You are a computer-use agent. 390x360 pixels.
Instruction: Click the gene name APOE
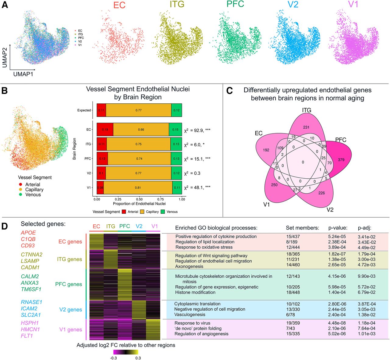[x=28, y=233]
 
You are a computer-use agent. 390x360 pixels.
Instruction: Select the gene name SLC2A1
[x=31, y=315]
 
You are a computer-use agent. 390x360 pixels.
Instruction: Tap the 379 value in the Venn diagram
[x=341, y=160]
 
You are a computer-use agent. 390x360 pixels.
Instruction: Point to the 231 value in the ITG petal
[x=306, y=127]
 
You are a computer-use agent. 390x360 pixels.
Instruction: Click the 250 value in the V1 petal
[x=274, y=185]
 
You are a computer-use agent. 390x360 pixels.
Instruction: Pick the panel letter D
[x=5, y=226]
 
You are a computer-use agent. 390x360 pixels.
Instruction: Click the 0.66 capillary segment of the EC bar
[x=141, y=130]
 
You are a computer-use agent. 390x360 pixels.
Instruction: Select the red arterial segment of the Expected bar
[x=101, y=110]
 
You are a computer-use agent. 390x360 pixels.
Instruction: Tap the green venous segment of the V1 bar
[x=177, y=188]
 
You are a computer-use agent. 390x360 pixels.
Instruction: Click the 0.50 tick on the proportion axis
[x=139, y=199]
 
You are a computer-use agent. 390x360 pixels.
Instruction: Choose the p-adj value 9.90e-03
[x=367, y=276]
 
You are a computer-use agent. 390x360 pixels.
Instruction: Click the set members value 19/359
[x=293, y=323]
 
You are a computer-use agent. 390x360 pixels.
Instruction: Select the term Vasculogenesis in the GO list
[x=190, y=315]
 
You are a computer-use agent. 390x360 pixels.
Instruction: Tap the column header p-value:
[x=338, y=228]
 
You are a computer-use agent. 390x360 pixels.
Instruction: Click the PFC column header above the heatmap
[x=125, y=226]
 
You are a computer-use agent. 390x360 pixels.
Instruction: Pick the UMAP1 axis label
[x=23, y=74]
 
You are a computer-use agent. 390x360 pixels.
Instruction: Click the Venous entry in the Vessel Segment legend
[x=33, y=194]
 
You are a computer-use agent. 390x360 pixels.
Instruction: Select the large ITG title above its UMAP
[x=177, y=5]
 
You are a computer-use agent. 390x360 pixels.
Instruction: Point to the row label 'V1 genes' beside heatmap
[x=71, y=330]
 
